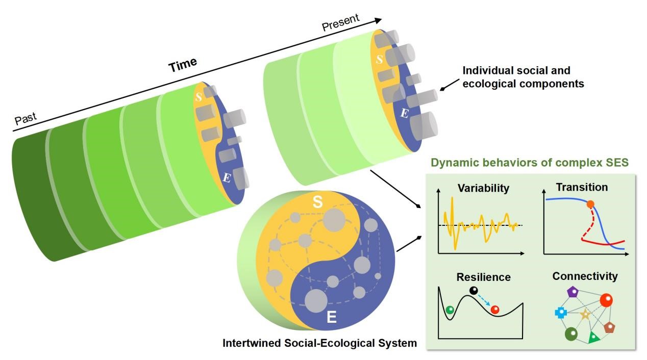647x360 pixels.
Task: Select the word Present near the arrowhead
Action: (341, 22)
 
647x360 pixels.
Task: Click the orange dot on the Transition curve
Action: (590, 204)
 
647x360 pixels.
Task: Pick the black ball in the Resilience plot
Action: (474, 291)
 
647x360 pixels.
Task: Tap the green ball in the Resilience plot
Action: (450, 310)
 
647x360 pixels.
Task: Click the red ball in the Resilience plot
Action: (494, 309)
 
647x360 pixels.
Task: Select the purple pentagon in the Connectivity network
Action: (573, 292)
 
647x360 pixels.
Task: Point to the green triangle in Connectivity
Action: (593, 337)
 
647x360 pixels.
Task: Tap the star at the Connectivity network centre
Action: (585, 314)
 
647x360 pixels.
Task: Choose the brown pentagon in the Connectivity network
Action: (609, 327)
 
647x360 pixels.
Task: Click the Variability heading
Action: (483, 188)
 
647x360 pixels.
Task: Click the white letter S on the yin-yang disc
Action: (317, 203)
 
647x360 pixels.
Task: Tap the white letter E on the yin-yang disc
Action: (331, 318)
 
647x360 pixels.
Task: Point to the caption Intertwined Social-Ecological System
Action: (319, 343)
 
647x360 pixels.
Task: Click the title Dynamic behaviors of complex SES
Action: (530, 164)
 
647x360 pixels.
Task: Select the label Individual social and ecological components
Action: (523, 77)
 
